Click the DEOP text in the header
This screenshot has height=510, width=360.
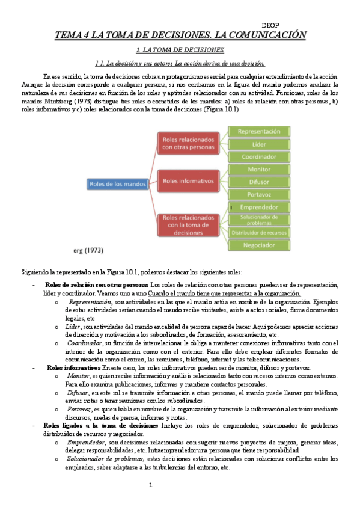(271, 25)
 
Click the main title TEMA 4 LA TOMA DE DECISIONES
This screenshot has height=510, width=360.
(180, 35)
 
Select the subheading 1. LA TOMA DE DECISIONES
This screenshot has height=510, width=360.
(180, 50)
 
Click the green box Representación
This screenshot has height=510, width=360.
(259, 131)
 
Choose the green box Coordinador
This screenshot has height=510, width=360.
(259, 156)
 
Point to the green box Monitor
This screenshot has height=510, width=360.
(259, 170)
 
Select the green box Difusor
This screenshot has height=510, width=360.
(259, 182)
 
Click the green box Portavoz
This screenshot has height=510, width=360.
(259, 194)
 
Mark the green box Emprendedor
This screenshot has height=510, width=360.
(259, 207)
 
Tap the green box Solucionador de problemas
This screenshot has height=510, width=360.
(259, 220)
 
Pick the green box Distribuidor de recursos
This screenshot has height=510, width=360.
(259, 233)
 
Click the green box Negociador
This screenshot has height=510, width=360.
(259, 245)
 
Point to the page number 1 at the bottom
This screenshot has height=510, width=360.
(151, 485)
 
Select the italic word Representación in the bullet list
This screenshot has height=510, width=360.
(89, 301)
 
